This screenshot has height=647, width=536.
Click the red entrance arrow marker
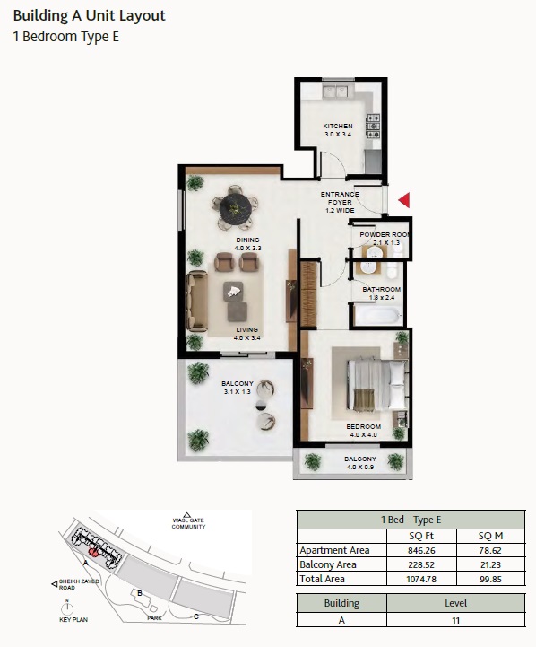(404, 199)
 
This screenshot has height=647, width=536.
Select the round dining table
(236, 207)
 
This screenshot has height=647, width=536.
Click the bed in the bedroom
(368, 385)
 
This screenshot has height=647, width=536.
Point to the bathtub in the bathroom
(377, 315)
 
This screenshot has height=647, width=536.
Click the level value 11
(456, 619)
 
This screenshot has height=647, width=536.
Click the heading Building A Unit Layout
(89, 16)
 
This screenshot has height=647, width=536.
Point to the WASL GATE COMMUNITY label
(189, 523)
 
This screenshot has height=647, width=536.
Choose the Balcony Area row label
(328, 564)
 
